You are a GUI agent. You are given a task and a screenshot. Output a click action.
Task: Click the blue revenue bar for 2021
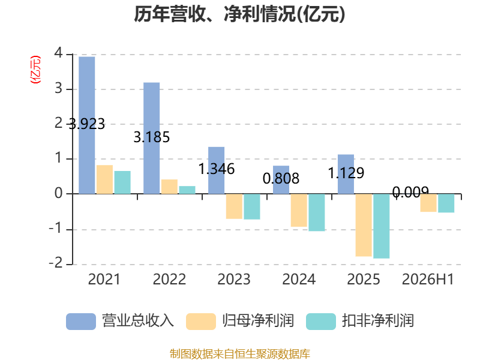86,125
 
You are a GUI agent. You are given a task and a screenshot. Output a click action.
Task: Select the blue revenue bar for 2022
152,138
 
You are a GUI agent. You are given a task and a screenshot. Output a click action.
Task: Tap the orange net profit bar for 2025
364,225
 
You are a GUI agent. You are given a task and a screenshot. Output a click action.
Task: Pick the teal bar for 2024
317,212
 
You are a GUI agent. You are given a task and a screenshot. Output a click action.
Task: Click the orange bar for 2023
234,206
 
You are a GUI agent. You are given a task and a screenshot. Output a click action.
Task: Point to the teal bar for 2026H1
446,203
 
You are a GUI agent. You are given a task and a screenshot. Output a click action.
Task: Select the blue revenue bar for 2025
346,174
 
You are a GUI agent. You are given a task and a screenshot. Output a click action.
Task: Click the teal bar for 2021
122,182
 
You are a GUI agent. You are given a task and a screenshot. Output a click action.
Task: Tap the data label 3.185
152,137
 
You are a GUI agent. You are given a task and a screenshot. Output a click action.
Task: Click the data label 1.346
217,169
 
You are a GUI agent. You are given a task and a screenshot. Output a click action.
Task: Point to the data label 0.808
281,178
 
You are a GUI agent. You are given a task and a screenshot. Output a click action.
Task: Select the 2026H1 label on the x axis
428,279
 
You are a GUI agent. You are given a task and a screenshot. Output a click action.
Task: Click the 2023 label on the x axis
234,279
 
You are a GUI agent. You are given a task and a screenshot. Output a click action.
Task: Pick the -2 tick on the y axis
56,263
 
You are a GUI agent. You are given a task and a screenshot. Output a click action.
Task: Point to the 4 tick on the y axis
58,53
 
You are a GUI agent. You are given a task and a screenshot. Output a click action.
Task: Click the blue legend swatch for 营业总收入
81,322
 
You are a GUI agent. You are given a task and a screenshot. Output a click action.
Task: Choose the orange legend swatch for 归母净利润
201,322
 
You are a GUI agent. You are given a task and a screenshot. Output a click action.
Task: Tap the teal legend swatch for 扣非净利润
321,322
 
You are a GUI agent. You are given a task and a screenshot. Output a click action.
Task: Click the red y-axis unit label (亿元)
35,70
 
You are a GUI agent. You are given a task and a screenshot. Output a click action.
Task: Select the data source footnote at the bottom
240,354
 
